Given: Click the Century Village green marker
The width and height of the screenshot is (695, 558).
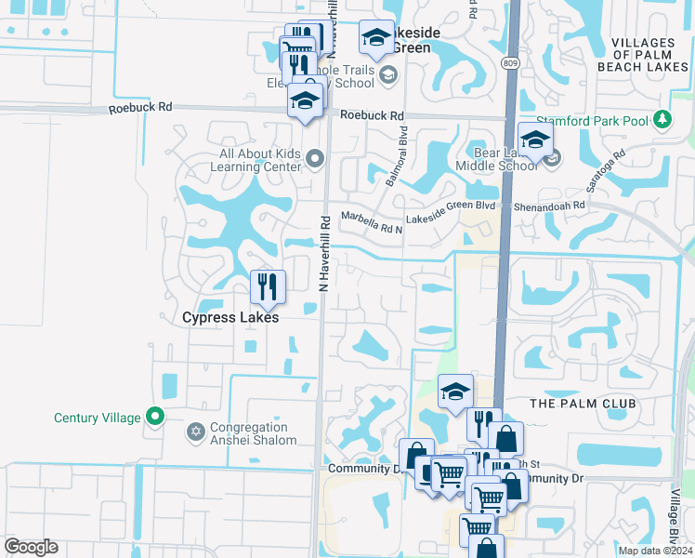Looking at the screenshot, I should pos(155,418).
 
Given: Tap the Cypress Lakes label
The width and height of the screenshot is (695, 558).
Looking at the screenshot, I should pos(230,317).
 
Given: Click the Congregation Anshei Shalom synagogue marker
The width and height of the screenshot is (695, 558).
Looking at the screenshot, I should pos(196,432).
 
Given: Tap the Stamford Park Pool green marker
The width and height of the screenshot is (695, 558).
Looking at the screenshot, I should pos(662,119).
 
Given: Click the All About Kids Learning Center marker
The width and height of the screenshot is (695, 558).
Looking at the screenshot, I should pos(314,160).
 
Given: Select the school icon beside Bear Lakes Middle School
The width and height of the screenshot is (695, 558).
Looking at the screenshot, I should pos(535,141).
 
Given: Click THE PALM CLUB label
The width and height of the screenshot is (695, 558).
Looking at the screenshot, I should pos(583,404).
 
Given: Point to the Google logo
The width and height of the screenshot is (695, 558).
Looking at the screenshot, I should pos(31,547).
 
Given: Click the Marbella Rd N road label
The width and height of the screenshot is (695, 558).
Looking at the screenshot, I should pos(372,222).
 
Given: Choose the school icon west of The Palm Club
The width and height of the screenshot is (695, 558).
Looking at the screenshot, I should pos(455,392).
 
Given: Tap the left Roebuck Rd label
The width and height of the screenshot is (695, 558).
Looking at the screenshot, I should pos(140,108).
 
